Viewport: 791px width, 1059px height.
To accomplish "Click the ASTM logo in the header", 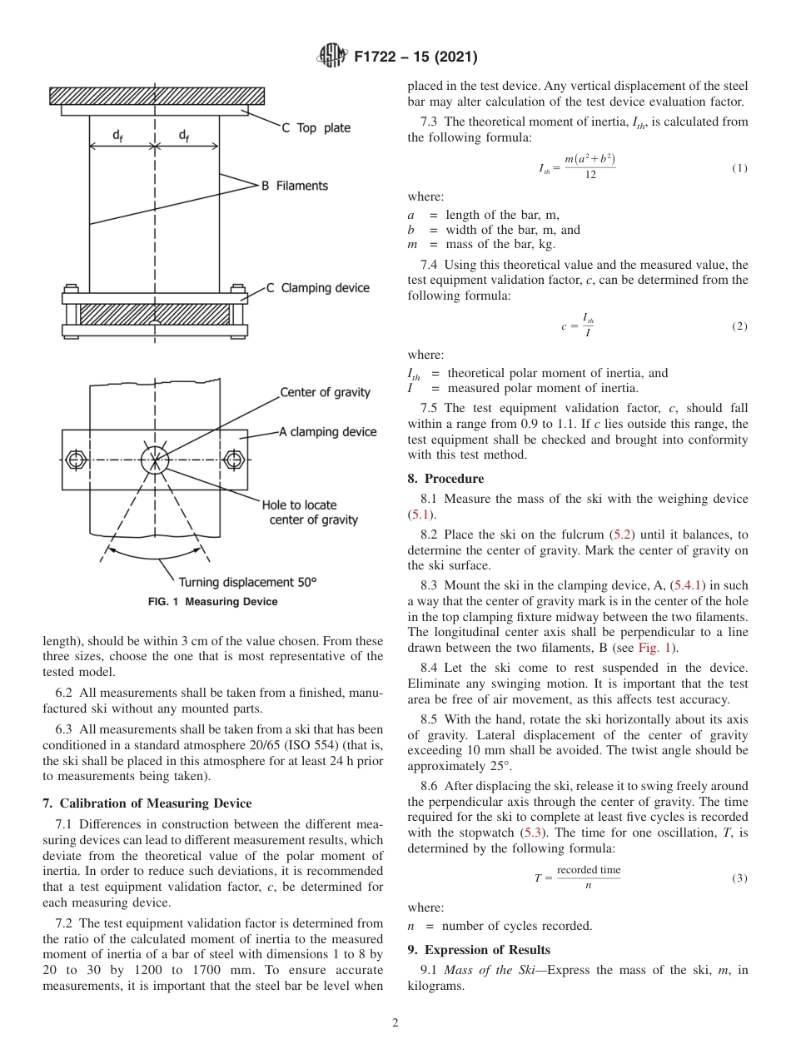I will pyautogui.click(x=333, y=57).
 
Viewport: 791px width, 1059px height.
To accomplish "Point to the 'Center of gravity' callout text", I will pyautogui.click(x=325, y=392).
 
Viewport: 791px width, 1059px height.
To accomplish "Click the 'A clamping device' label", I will pyautogui.click(x=327, y=432).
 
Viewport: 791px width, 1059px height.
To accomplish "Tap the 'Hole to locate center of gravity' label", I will pyautogui.click(x=310, y=512).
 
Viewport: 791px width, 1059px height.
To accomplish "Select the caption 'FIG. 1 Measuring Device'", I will pyautogui.click(x=213, y=602).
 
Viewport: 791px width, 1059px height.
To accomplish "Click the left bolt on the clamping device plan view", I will pyautogui.click(x=76, y=460).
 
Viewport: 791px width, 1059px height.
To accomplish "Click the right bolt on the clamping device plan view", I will pyautogui.click(x=234, y=460).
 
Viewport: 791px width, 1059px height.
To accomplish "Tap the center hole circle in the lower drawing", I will pyautogui.click(x=155, y=460).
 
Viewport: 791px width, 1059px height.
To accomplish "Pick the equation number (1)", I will pyautogui.click(x=739, y=168).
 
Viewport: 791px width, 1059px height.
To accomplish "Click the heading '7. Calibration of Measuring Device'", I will pyautogui.click(x=147, y=803).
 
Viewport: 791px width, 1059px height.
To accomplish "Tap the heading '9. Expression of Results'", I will pyautogui.click(x=479, y=950).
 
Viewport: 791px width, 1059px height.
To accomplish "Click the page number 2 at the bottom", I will pyautogui.click(x=395, y=1024).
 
